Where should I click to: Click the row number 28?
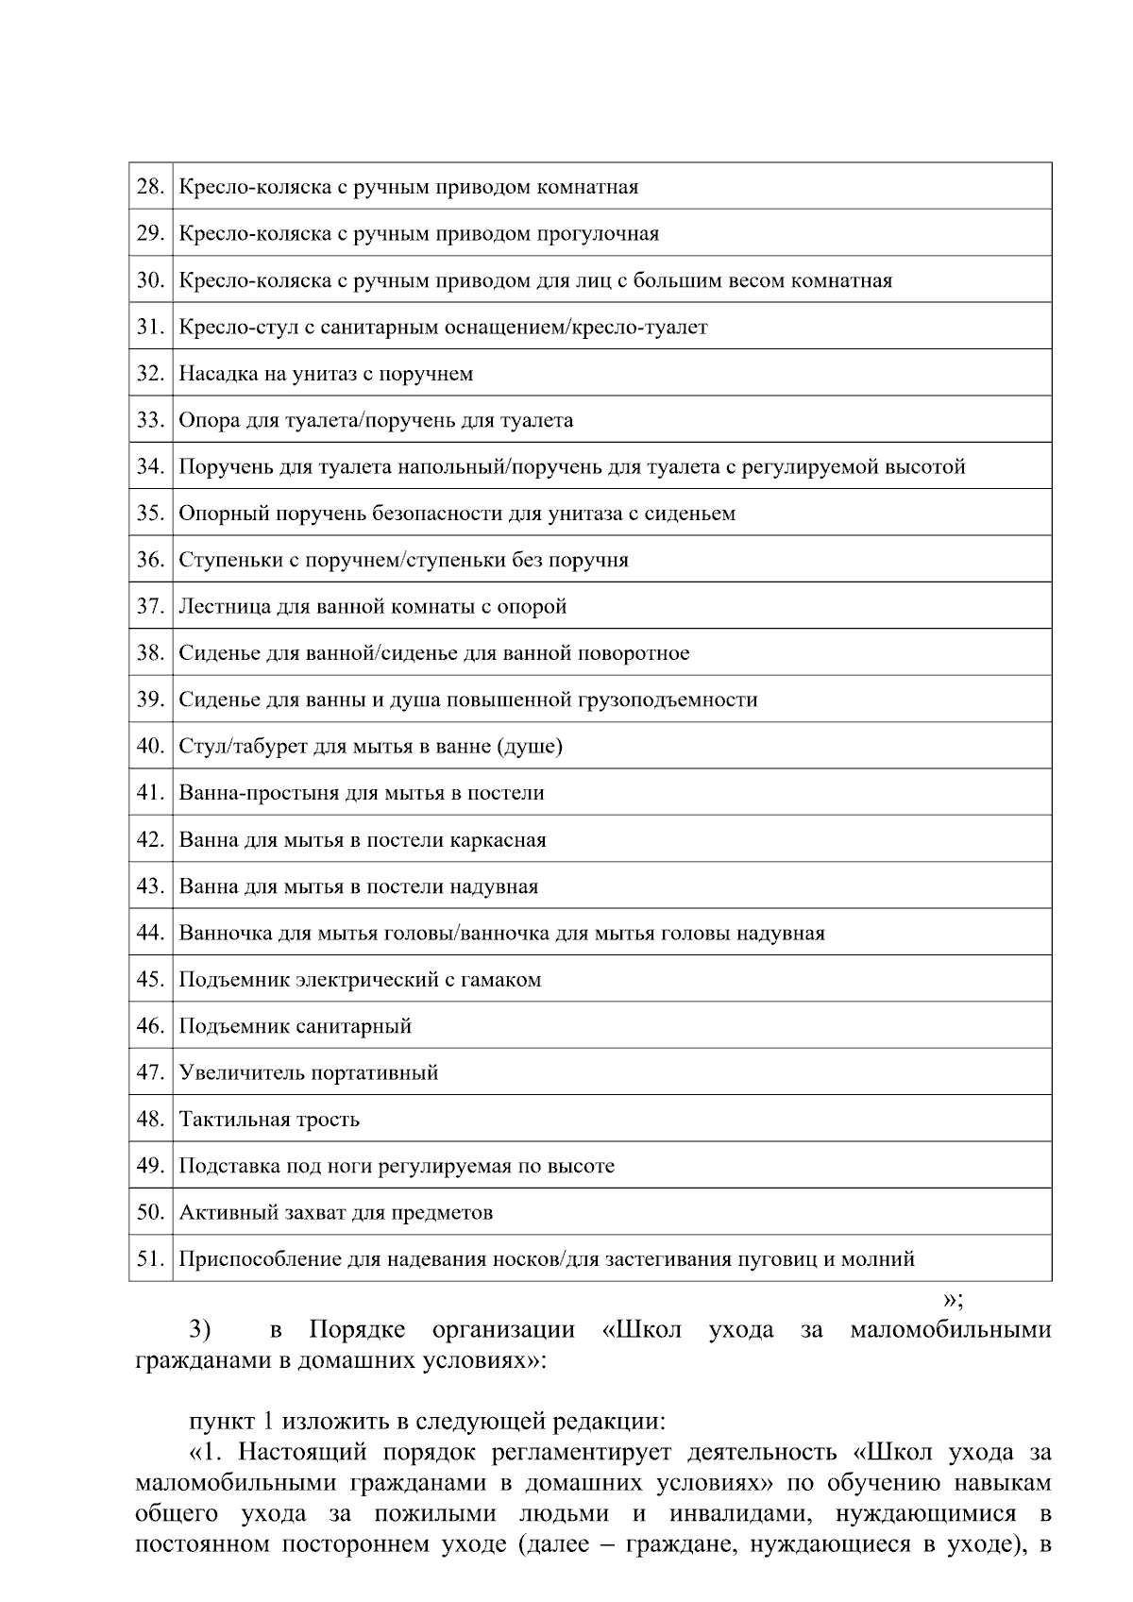[x=150, y=187]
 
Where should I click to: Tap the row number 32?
[x=150, y=374]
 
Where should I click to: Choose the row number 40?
[x=150, y=747]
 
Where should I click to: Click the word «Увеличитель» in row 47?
[x=242, y=1073]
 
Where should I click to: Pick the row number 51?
[x=150, y=1259]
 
